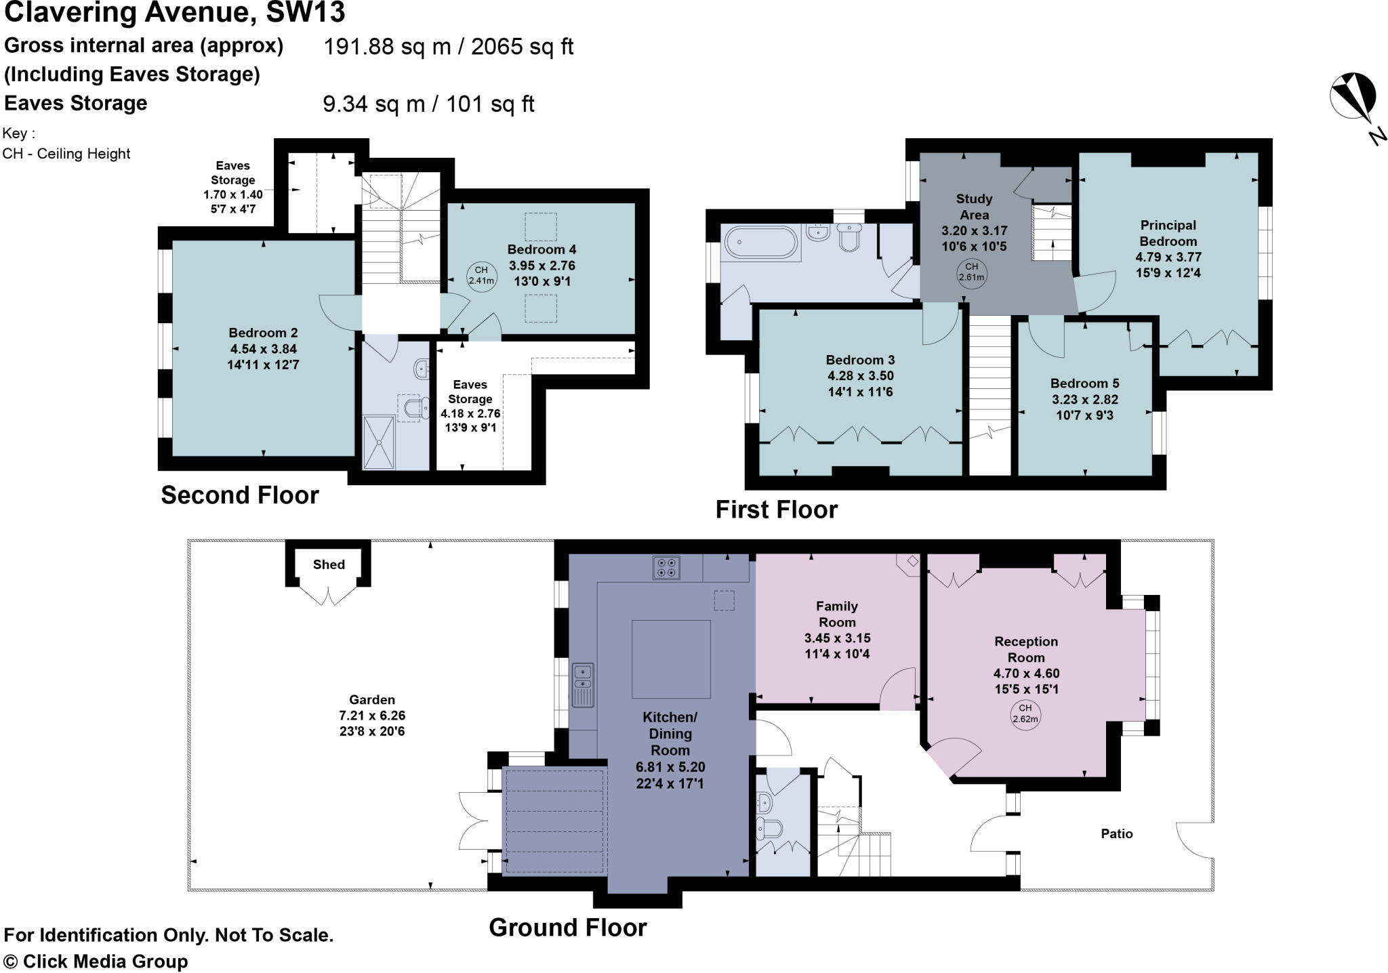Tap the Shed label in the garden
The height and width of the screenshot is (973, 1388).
329,564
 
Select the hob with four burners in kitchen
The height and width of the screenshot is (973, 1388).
666,567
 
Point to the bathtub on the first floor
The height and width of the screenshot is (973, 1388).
760,242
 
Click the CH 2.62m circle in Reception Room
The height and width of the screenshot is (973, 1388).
1025,713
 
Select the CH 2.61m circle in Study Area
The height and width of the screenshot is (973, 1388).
971,272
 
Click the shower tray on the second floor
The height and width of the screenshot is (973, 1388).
379,442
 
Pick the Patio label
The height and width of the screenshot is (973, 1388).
1116,833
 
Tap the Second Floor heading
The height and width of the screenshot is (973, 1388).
239,495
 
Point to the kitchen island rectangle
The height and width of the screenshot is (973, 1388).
671,659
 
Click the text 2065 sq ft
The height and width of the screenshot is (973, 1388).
522,47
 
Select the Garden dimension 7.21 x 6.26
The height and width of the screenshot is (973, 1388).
372,716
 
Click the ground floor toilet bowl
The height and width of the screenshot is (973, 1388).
771,828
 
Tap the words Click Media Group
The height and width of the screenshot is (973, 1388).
105,961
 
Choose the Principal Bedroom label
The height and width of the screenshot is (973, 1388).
1168,233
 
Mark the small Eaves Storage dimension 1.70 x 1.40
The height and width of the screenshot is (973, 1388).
232,194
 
